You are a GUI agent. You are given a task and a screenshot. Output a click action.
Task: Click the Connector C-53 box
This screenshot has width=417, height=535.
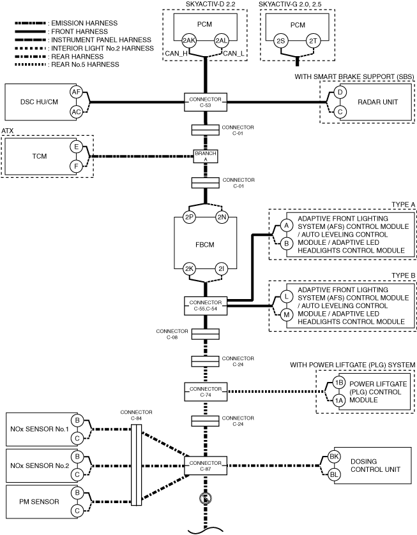[x=206, y=102]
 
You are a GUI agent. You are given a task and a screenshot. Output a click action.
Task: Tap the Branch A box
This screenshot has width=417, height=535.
[x=206, y=156]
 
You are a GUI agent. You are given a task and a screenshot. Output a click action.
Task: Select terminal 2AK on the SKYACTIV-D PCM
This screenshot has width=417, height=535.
[x=188, y=41]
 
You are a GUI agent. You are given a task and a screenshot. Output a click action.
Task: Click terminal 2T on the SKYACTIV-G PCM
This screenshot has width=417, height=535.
[x=313, y=41]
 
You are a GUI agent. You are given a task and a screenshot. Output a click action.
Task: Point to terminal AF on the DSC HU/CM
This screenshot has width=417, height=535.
[x=76, y=92]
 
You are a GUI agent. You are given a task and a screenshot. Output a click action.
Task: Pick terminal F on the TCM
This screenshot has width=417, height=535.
[x=76, y=166]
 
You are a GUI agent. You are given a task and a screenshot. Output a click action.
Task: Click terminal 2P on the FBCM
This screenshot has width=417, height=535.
[x=189, y=217]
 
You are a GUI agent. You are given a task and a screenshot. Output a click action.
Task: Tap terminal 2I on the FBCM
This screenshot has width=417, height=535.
[x=222, y=269]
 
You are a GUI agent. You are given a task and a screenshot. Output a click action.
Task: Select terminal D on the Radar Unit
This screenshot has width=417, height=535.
[x=340, y=92]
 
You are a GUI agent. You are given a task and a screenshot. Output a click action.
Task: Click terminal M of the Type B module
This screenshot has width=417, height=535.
[x=287, y=314]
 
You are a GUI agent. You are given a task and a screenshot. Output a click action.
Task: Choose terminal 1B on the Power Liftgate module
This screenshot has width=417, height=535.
[x=338, y=383]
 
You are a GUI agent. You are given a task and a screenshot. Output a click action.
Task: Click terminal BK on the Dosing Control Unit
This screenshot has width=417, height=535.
[x=334, y=457]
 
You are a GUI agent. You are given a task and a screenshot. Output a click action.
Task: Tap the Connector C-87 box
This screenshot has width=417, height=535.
[x=206, y=465]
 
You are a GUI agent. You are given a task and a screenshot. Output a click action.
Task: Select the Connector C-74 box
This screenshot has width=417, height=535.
[x=206, y=392]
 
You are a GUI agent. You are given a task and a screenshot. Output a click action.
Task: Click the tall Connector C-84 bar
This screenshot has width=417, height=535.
[x=137, y=465]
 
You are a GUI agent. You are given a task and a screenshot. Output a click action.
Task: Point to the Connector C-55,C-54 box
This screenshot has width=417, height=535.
[x=206, y=305]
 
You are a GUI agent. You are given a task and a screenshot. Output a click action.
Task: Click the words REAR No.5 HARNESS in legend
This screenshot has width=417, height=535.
[x=85, y=64]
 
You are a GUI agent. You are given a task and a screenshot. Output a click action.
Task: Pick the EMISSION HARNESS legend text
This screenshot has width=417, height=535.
[x=84, y=23]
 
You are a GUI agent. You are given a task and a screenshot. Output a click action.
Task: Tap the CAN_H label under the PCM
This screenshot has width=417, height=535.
[x=176, y=54]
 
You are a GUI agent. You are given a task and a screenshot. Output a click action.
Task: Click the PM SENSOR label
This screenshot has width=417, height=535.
[x=39, y=502]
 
